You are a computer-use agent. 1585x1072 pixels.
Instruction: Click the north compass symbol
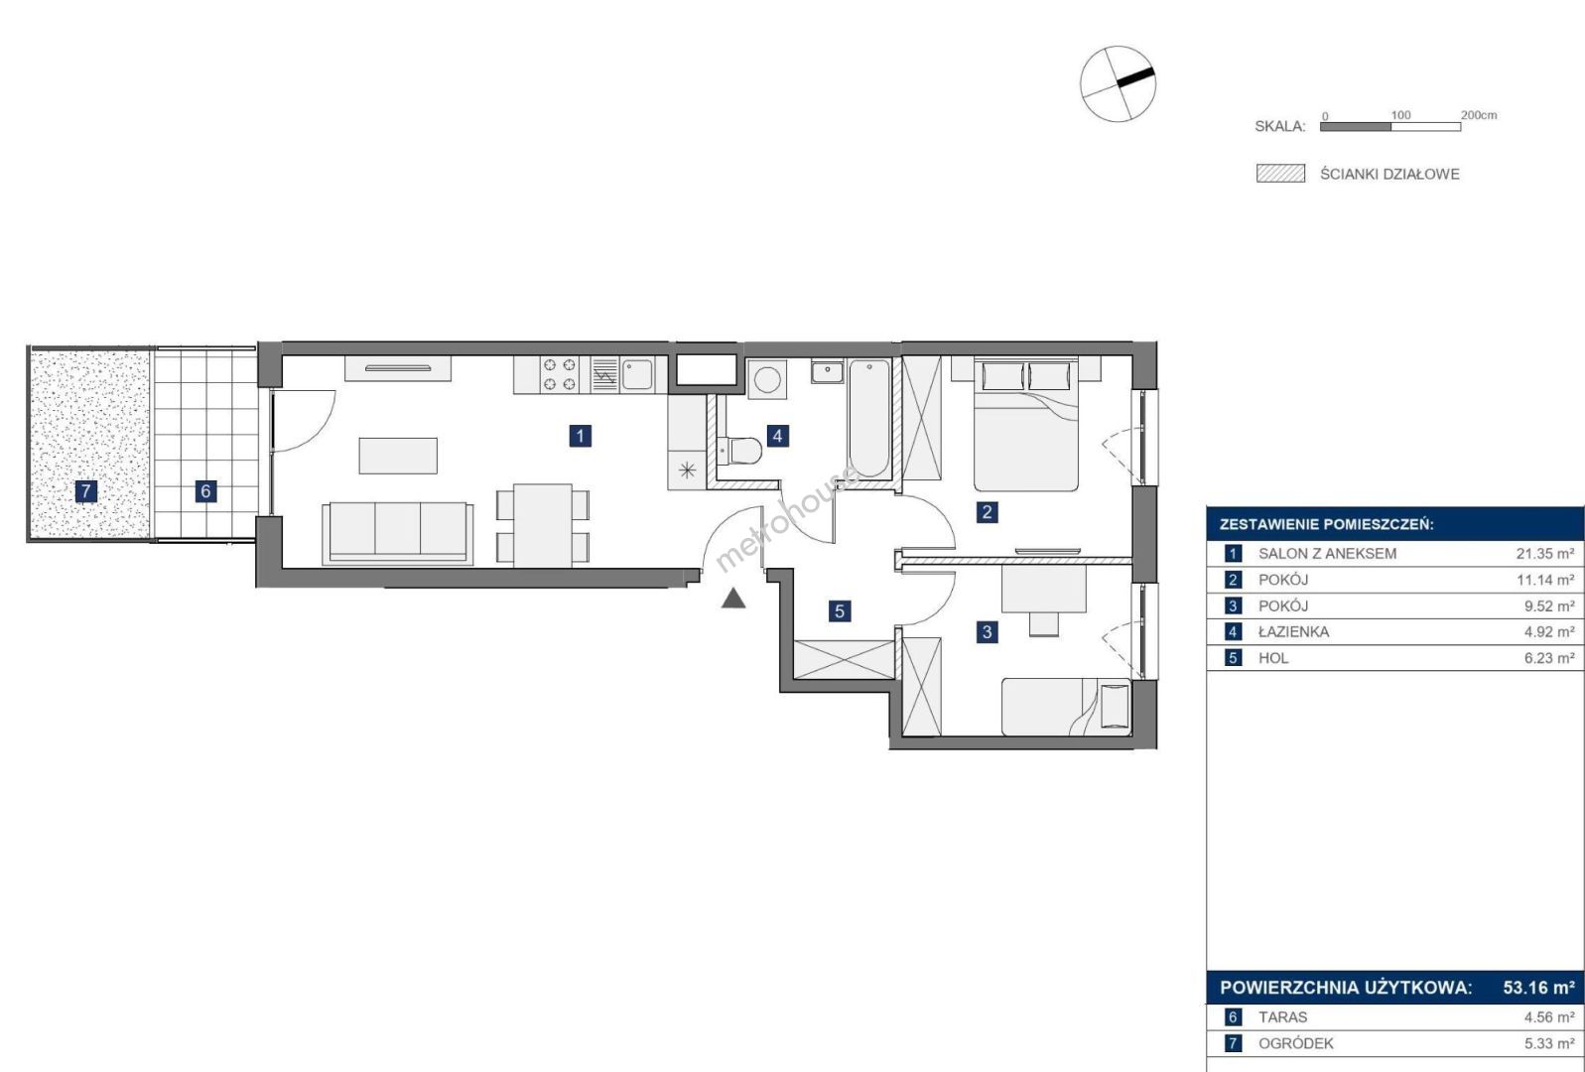coord(1118,83)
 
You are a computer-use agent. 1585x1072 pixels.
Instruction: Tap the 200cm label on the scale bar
coord(1479,114)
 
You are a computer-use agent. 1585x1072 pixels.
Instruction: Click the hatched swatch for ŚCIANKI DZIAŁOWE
coord(1280,174)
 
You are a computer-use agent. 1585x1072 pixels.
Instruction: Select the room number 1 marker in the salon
coord(581,436)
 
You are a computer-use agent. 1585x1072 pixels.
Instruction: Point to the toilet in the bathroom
coord(738,451)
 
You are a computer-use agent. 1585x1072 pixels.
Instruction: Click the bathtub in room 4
coord(868,418)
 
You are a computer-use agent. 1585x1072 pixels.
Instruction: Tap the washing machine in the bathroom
coord(767,379)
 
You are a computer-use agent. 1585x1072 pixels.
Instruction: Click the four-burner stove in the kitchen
coord(559,374)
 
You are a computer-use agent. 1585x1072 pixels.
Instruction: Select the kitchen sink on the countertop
coord(637,373)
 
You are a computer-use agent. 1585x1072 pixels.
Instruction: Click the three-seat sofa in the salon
coord(398,534)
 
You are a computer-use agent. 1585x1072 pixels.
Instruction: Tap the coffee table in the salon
coord(398,456)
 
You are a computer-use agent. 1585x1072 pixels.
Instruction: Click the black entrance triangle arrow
coord(733,599)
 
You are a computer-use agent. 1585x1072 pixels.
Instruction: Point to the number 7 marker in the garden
coord(85,491)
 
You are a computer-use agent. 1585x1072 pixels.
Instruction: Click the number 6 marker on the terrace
coord(205,491)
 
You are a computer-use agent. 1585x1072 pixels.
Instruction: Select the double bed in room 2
coord(1026,425)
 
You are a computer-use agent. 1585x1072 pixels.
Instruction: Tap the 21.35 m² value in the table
coord(1544,553)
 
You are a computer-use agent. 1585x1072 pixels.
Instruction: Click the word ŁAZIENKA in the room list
coord(1293,632)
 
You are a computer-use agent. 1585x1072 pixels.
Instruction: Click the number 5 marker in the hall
coord(840,611)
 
